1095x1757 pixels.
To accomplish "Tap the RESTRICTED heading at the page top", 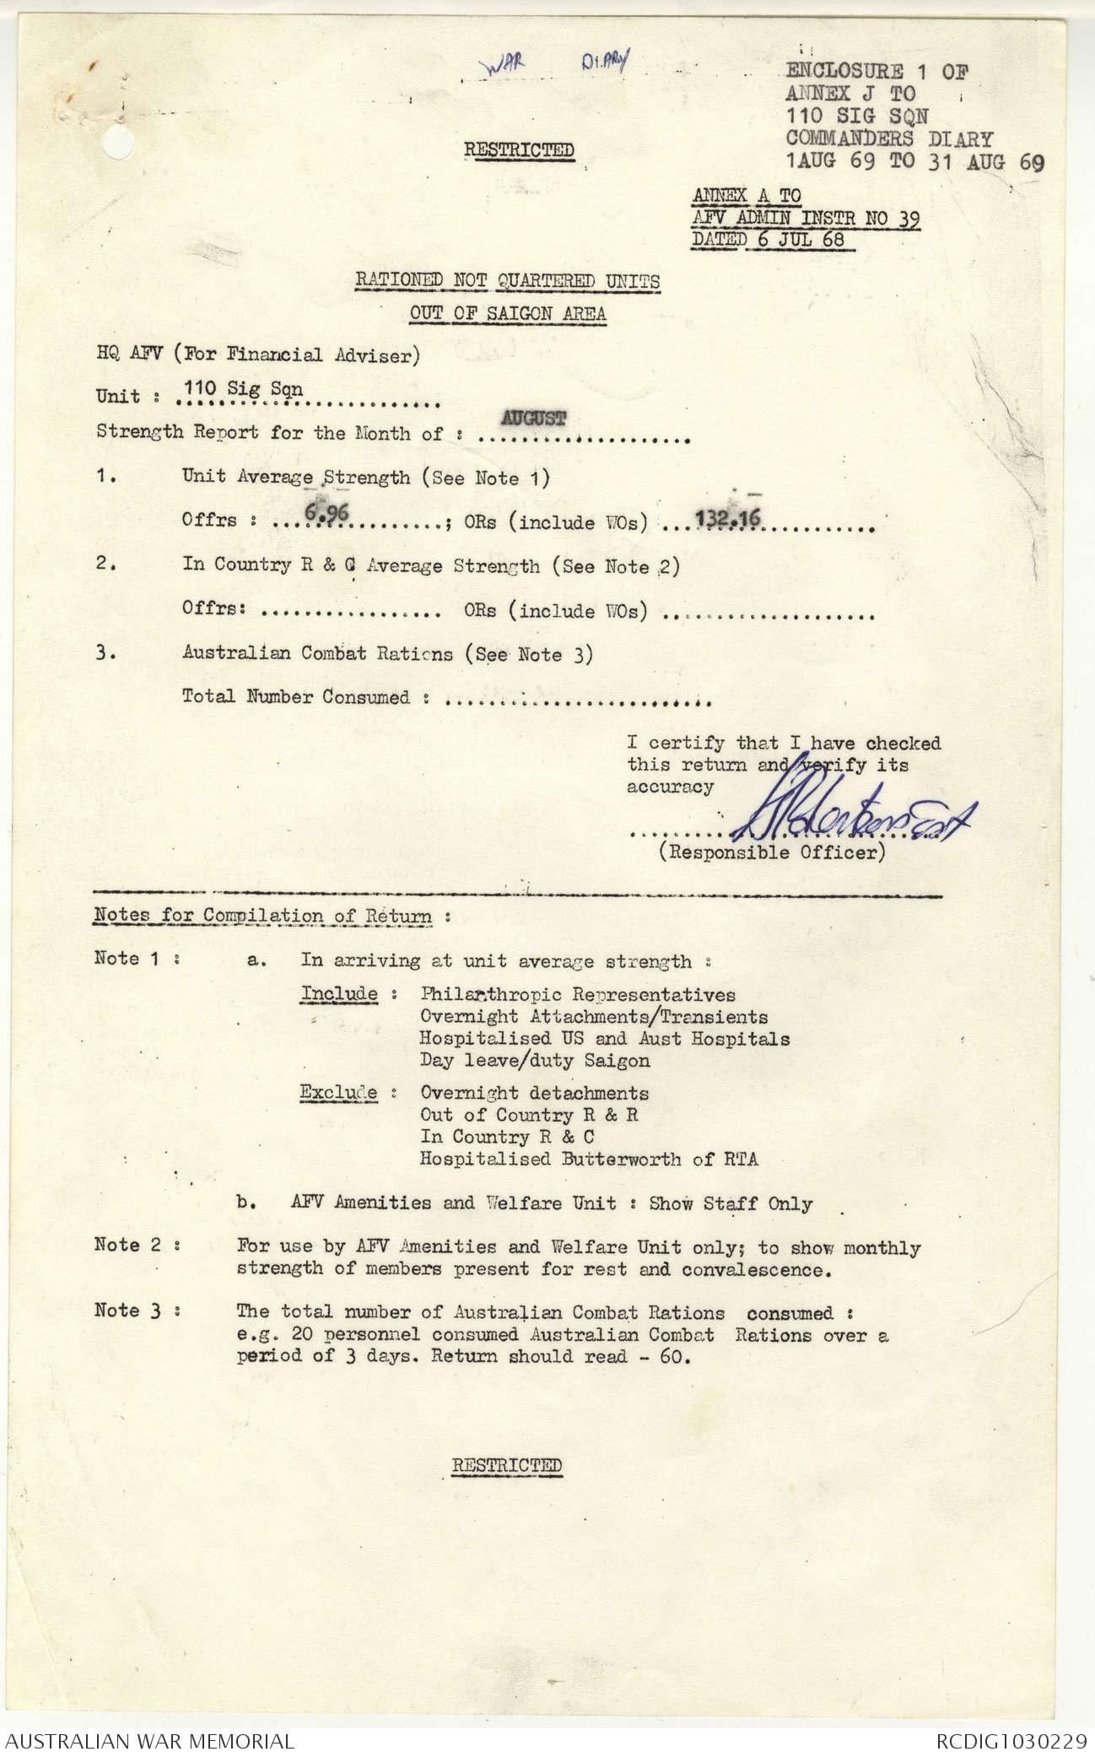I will [x=519, y=150].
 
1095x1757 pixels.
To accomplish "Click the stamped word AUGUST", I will [x=533, y=417].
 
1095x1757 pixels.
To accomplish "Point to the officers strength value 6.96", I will [x=327, y=511].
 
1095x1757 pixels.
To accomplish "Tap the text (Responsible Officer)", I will [x=772, y=852].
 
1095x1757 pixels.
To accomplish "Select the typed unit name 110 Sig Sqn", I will [x=243, y=389].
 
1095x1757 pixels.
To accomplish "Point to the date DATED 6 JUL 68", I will [x=769, y=240].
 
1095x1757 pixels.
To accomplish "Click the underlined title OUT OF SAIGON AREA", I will [x=507, y=313].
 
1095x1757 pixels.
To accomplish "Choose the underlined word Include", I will [x=339, y=993].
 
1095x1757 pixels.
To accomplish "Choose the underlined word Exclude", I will [x=339, y=1092].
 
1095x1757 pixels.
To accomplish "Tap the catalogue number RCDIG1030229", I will [x=1011, y=1741].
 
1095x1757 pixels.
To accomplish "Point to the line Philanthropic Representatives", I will [x=578, y=995].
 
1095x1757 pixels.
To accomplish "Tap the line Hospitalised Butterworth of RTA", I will [x=589, y=1159].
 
